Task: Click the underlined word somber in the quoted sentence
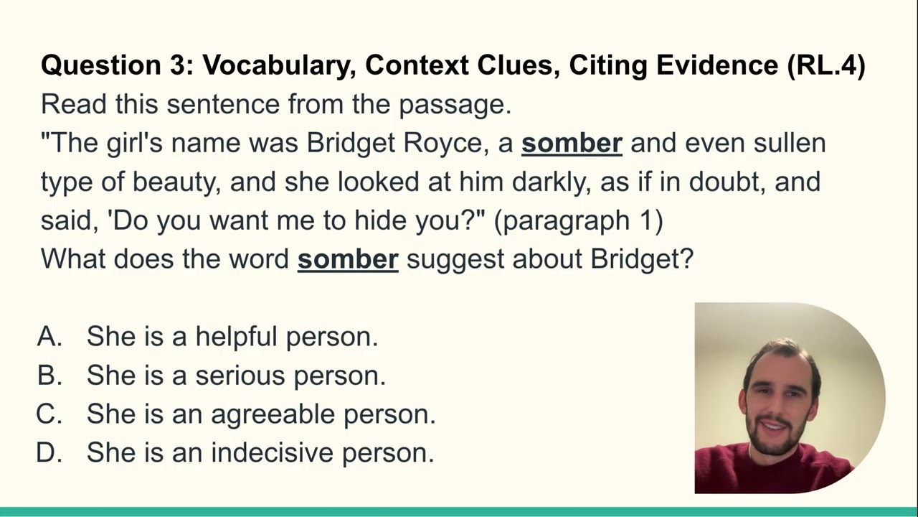[x=572, y=143]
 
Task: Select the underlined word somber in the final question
[x=348, y=258]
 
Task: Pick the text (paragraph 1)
[x=579, y=220]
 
